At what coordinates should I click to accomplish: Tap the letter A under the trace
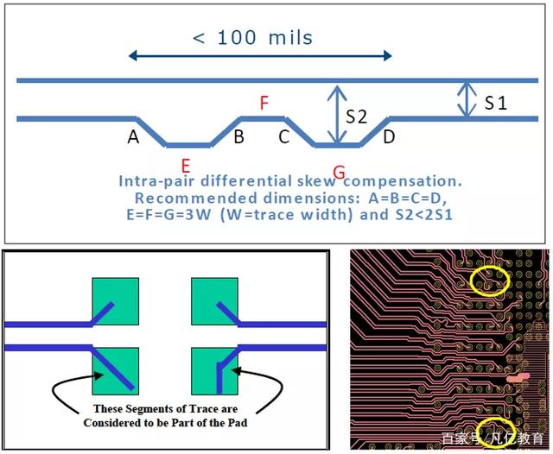pos(133,136)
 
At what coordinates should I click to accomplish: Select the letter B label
pos(238,136)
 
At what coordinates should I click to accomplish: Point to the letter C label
pos(283,136)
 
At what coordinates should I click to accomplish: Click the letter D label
pos(389,136)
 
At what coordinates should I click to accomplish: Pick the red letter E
pos(185,165)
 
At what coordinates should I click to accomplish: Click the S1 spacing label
pos(495,103)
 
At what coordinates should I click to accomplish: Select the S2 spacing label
pos(357,115)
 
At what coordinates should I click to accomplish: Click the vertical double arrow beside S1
pos(467,99)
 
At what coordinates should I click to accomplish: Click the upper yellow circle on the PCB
pos(489,280)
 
